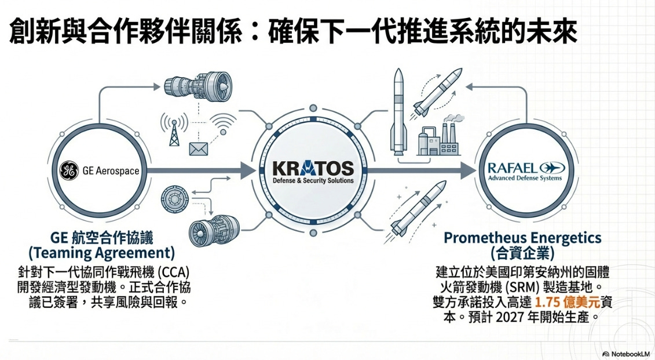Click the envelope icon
(x=199, y=148)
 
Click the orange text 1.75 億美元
(x=565, y=303)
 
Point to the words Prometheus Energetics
(x=522, y=238)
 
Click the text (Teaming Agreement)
(x=101, y=253)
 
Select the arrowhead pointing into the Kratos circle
(x=246, y=171)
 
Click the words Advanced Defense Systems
(x=525, y=179)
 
